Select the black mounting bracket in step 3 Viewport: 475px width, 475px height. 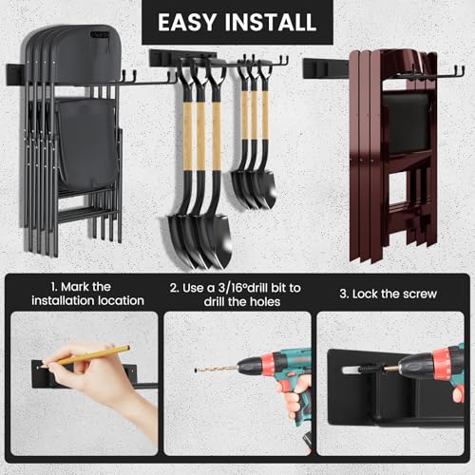click(370, 399)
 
